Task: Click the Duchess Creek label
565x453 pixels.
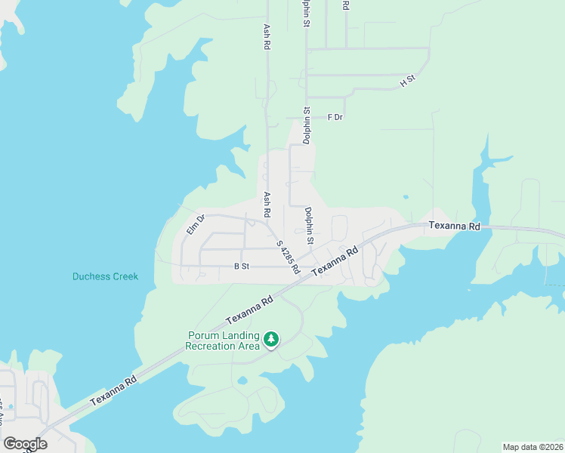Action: [x=105, y=276]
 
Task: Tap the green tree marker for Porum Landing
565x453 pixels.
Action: [x=271, y=340]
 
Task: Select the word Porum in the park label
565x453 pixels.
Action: [x=203, y=336]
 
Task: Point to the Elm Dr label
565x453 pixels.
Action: [x=196, y=224]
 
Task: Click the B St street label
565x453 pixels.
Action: [x=242, y=267]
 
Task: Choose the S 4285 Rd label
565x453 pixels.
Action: [x=288, y=257]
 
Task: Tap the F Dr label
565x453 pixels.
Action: [x=335, y=117]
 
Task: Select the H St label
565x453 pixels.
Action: [x=408, y=80]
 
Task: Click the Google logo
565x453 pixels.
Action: [x=25, y=444]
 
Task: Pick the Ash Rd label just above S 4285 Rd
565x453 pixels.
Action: [x=267, y=205]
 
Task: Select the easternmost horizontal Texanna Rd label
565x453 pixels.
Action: [x=454, y=226]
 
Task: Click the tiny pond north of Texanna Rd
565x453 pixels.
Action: [x=406, y=197]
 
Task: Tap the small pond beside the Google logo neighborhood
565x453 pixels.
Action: [x=10, y=407]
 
